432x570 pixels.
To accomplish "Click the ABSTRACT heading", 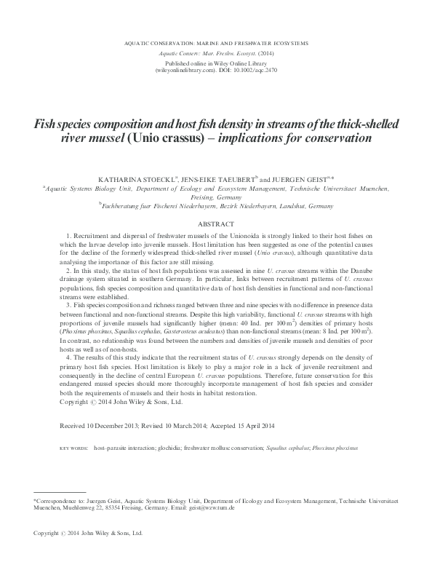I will [x=216, y=225].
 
